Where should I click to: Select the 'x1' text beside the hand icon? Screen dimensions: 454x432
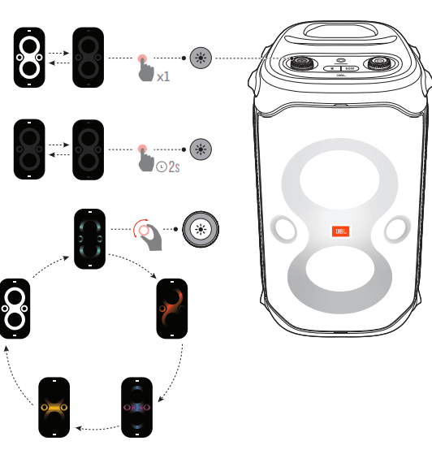pos(163,76)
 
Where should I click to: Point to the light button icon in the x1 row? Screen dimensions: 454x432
pos(199,58)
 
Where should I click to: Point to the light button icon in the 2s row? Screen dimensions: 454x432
pos(199,149)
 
